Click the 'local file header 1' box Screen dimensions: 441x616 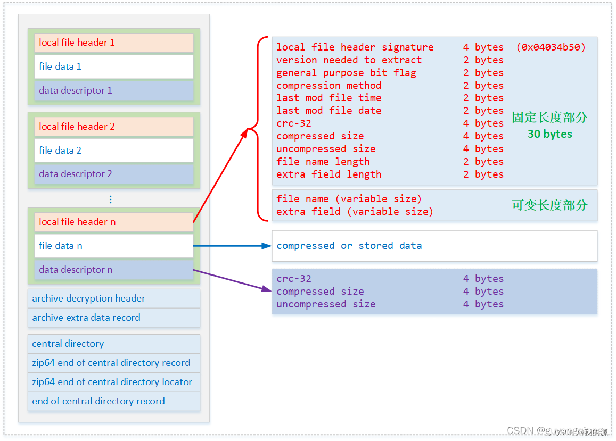pos(113,43)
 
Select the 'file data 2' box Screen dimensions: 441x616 pos(113,151)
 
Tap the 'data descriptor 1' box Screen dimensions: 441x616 pos(113,90)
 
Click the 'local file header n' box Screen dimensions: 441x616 pos(113,222)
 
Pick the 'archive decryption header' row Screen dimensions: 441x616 pos(113,298)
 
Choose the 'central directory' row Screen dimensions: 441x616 pos(113,344)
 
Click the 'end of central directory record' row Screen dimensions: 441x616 pos(113,401)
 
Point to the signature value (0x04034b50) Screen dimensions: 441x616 pos(551,47)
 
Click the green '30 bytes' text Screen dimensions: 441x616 pos(549,134)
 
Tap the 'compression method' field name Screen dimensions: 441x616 pos(328,86)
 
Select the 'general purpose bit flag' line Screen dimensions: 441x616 pos(346,73)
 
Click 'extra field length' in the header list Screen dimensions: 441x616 pos(328,174)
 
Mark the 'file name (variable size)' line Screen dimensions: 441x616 pos(349,199)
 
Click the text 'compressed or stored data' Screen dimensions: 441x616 pos(349,246)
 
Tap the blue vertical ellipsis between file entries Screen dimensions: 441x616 pos(110,199)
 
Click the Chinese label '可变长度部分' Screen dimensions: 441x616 pos(549,205)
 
